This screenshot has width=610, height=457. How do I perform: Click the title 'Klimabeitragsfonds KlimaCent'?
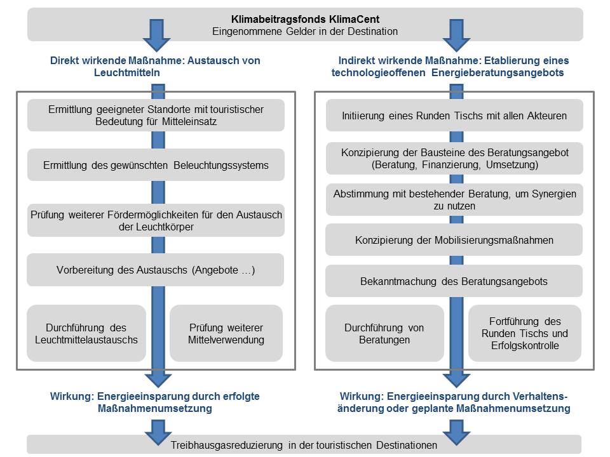pyautogui.click(x=305, y=19)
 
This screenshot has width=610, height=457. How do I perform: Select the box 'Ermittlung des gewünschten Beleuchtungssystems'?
pyautogui.click(x=156, y=165)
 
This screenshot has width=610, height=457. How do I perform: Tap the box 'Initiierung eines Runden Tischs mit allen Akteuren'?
pyautogui.click(x=454, y=116)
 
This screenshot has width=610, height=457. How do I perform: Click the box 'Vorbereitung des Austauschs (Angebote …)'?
pyautogui.click(x=156, y=270)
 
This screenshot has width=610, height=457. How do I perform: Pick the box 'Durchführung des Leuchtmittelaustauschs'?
pyautogui.click(x=86, y=333)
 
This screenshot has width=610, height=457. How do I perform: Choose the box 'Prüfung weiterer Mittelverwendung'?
pyautogui.click(x=226, y=333)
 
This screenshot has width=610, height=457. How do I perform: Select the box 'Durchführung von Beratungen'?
pyautogui.click(x=384, y=333)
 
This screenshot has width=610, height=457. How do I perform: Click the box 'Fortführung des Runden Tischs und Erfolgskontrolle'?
pyautogui.click(x=525, y=333)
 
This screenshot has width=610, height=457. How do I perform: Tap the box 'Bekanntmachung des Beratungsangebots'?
pyautogui.click(x=454, y=281)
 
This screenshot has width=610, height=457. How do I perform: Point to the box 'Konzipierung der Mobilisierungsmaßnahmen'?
pyautogui.click(x=454, y=240)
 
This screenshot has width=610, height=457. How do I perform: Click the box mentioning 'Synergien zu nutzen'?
pyautogui.click(x=454, y=200)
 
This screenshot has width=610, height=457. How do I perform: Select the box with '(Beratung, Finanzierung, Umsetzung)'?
pyautogui.click(x=454, y=158)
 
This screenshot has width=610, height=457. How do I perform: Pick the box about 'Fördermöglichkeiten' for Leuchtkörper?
pyautogui.click(x=156, y=220)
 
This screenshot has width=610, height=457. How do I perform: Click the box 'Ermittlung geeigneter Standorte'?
pyautogui.click(x=156, y=115)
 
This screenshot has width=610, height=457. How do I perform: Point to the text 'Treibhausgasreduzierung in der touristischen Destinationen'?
pyautogui.click(x=304, y=445)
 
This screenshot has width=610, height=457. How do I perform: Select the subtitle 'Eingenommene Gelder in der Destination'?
pyautogui.click(x=305, y=32)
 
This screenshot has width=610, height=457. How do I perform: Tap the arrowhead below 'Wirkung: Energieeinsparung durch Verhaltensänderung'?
pyautogui.click(x=456, y=432)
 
